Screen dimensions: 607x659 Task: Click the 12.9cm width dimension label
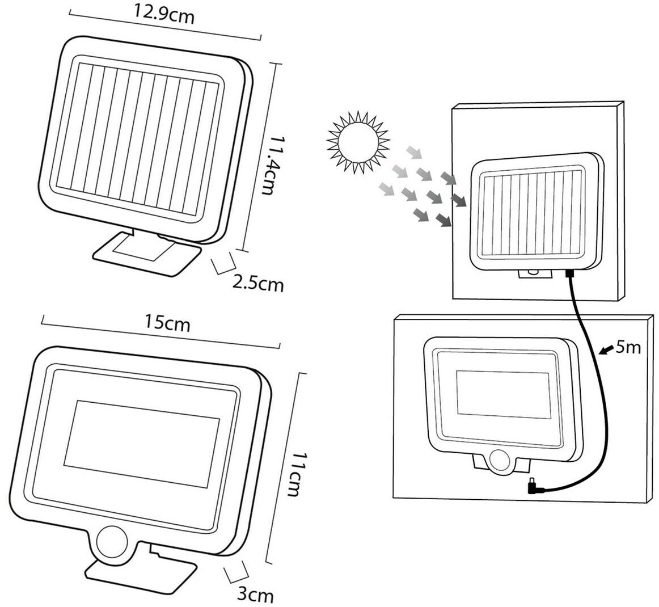[x=164, y=16]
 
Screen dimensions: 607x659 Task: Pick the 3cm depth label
[x=255, y=595]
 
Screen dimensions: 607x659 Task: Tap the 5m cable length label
[x=627, y=347]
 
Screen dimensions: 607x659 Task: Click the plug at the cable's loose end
[x=533, y=486]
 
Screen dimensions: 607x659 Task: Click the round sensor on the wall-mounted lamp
[x=500, y=460]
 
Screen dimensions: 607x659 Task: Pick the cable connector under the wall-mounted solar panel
[x=568, y=275]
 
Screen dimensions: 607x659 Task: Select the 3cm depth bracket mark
[x=238, y=572]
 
